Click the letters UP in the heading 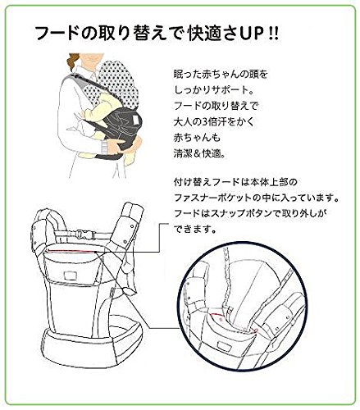[x=249, y=34]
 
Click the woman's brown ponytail [x=73, y=61]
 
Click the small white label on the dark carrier [x=135, y=119]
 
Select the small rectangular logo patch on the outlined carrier [x=69, y=275]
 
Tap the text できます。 [x=195, y=229]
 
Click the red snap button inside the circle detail [x=221, y=319]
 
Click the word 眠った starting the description [x=186, y=74]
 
